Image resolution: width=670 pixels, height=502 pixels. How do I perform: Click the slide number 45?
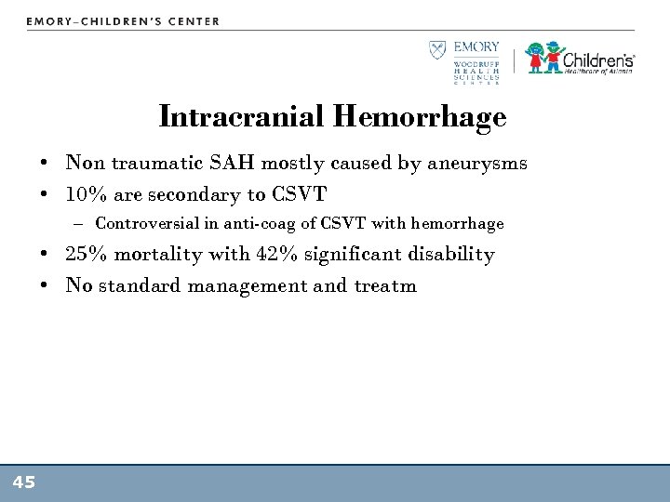24,482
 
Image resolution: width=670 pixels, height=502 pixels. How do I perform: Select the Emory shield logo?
437,51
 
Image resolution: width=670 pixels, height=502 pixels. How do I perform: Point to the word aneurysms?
477,164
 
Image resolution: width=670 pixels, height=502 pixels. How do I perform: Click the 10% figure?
85,194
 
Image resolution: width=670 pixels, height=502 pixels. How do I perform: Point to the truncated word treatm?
385,285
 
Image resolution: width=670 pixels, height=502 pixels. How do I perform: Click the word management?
248,285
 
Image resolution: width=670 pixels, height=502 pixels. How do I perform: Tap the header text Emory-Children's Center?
123,20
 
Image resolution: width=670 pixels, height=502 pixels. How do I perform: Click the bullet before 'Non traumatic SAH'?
45,165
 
